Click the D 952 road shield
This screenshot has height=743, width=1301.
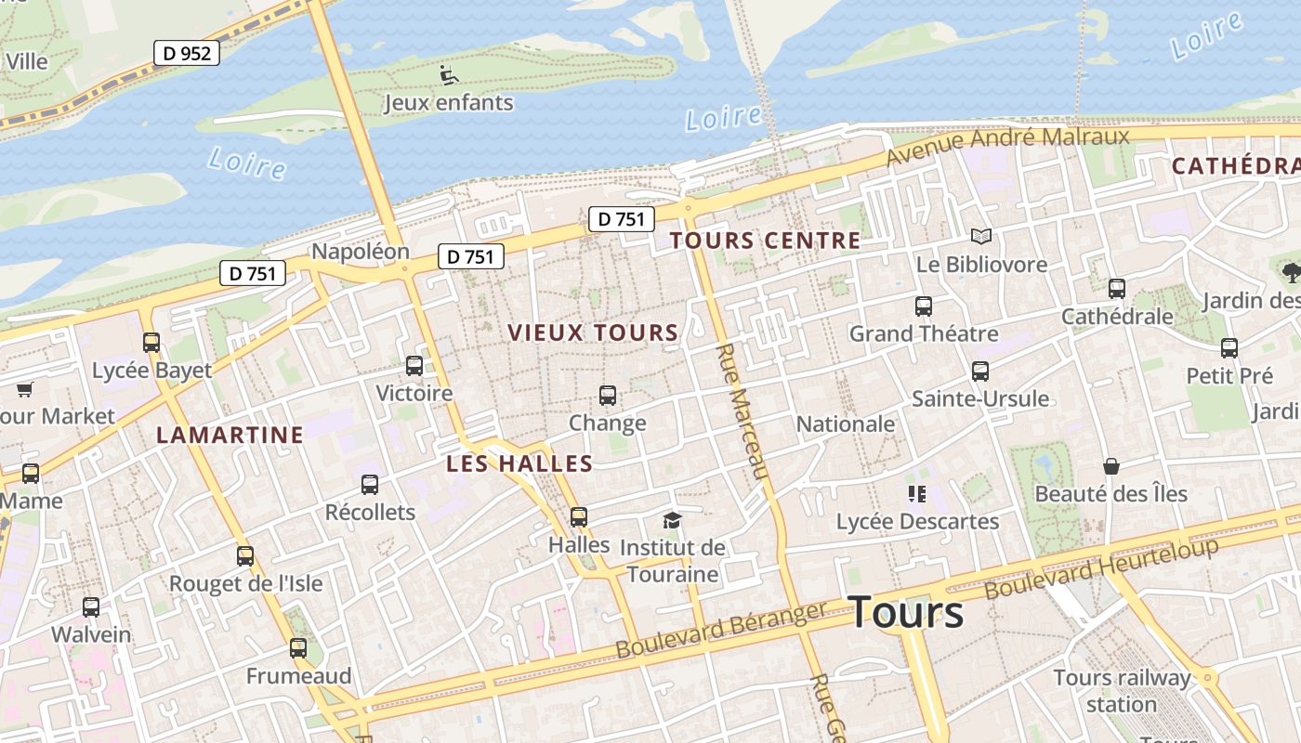click(x=187, y=54)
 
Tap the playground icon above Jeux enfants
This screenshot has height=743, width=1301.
click(x=448, y=74)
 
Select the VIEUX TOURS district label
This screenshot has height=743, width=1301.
click(x=593, y=332)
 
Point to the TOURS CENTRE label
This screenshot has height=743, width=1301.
click(x=765, y=241)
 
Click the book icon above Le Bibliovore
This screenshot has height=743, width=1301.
click(x=981, y=236)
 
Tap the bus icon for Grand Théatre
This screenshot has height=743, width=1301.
click(x=923, y=306)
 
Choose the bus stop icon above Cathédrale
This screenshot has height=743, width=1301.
click(x=1117, y=289)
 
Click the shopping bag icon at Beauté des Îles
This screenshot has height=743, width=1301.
click(x=1110, y=465)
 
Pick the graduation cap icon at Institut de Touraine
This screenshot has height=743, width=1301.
click(x=672, y=520)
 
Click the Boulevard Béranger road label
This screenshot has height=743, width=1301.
click(x=721, y=630)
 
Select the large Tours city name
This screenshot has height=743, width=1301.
click(x=906, y=612)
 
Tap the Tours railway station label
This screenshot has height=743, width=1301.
click(x=1122, y=690)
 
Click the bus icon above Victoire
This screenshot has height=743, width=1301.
click(x=414, y=366)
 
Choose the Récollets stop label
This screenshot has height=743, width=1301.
click(x=370, y=512)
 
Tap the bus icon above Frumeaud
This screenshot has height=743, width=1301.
click(x=298, y=647)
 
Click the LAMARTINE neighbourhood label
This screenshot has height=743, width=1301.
click(x=230, y=435)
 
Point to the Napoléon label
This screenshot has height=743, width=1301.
click(x=360, y=252)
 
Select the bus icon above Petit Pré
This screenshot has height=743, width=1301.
click(x=1229, y=348)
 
